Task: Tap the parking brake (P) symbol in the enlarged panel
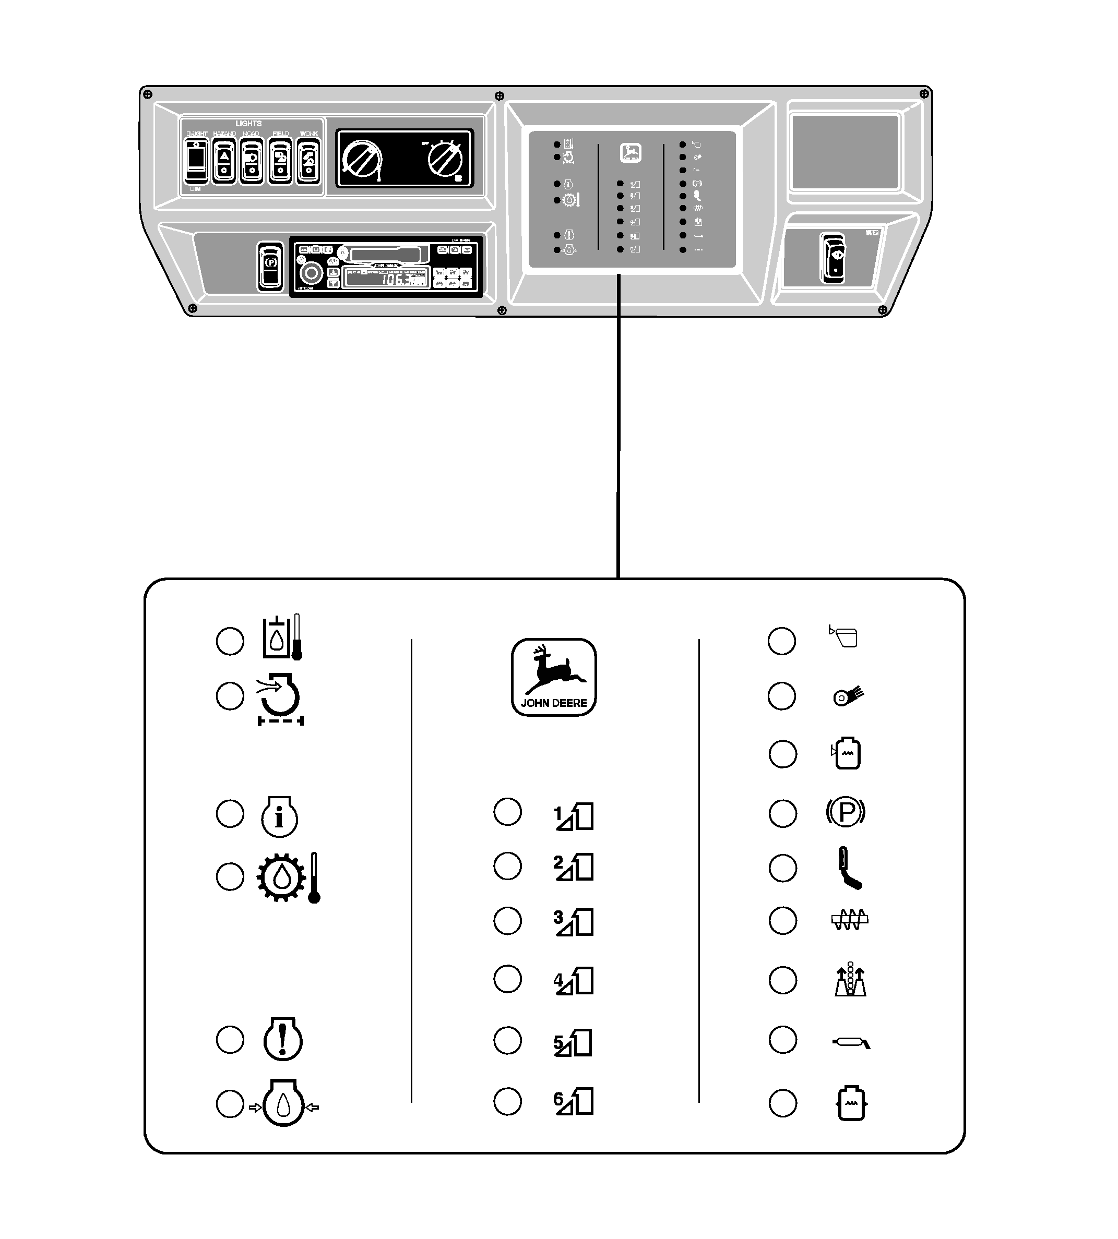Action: [x=846, y=813]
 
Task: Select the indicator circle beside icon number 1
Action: [x=507, y=812]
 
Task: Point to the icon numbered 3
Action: [x=573, y=922]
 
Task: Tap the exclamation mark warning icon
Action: [x=282, y=1039]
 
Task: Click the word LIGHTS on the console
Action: [x=248, y=124]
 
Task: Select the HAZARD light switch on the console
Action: [x=224, y=160]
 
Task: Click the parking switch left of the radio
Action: [x=270, y=266]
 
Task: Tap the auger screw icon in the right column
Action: [x=850, y=919]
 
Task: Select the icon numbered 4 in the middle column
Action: [x=573, y=981]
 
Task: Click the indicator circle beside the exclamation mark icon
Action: [x=230, y=1040]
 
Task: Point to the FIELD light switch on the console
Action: [x=281, y=160]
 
